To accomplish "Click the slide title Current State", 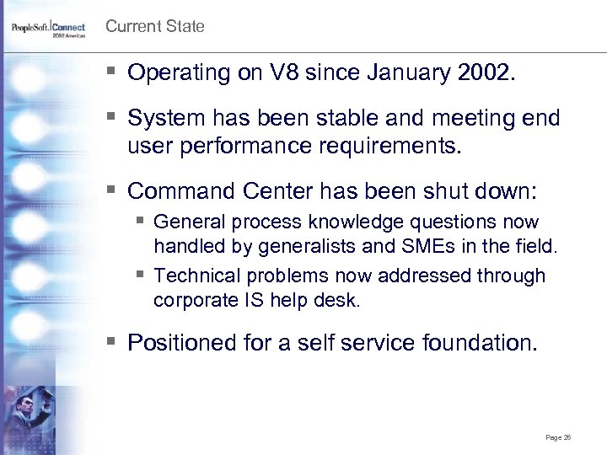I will click(x=154, y=26).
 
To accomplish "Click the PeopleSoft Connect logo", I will click(x=48, y=29).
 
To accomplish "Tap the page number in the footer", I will click(x=558, y=437).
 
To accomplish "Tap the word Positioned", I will click(x=177, y=343).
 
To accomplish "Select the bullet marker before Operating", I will click(x=113, y=72).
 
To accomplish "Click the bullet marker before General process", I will click(x=141, y=222).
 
